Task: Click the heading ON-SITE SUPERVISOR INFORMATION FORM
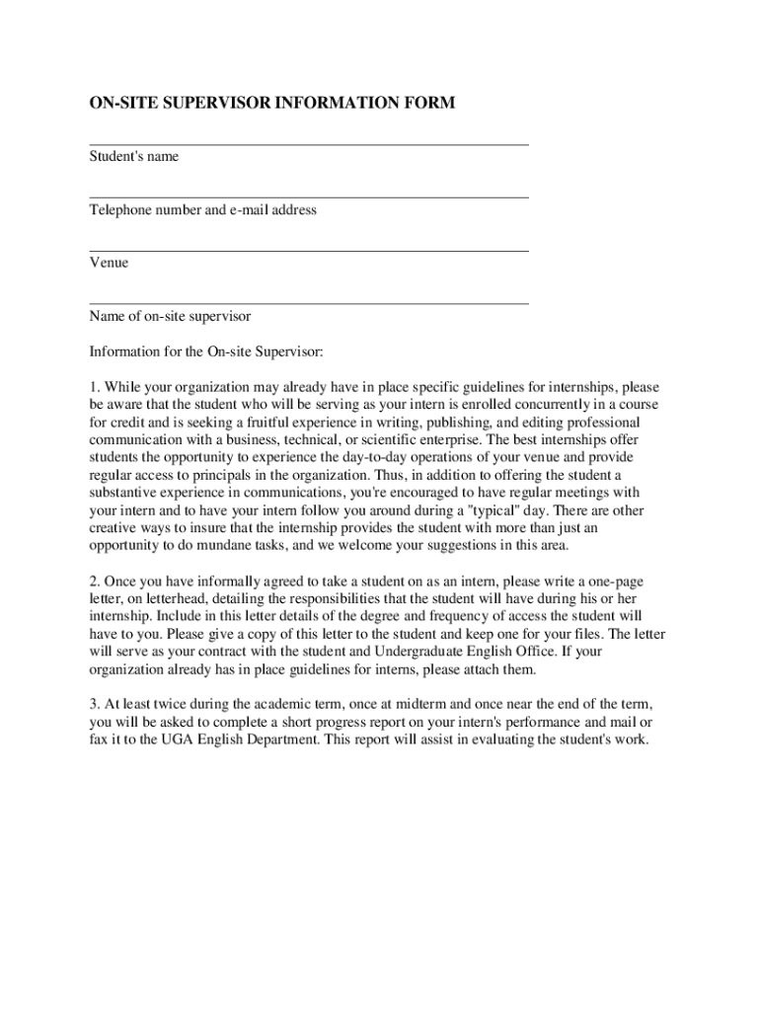(x=272, y=103)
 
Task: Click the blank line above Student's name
(x=309, y=145)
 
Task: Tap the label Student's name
(x=134, y=157)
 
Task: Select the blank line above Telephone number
(x=309, y=197)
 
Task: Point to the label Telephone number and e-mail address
(x=202, y=210)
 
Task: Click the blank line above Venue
(x=309, y=251)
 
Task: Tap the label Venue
(x=109, y=264)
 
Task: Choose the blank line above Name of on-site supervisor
(x=309, y=303)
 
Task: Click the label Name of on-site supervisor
(x=170, y=317)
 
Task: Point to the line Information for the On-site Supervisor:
(x=206, y=351)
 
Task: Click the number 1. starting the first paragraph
(x=95, y=387)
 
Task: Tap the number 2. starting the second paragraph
(x=95, y=583)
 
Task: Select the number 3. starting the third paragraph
(x=95, y=705)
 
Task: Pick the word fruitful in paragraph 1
(x=251, y=423)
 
